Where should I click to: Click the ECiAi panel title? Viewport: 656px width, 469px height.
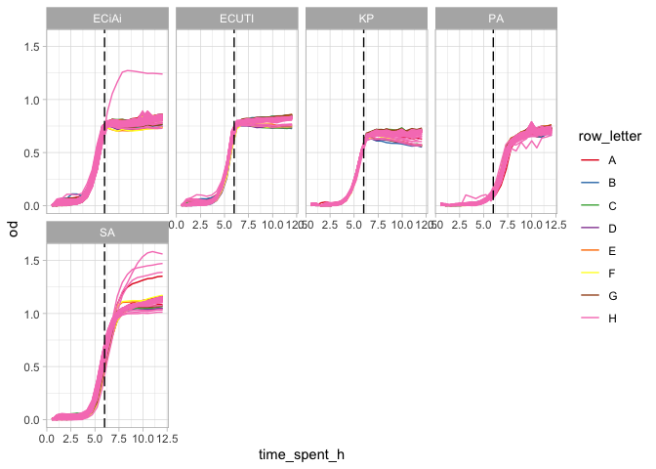107,19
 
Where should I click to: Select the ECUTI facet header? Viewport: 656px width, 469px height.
237,19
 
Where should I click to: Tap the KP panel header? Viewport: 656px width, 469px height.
366,19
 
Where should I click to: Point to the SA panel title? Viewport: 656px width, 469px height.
107,233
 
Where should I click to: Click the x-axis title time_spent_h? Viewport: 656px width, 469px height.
301,454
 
